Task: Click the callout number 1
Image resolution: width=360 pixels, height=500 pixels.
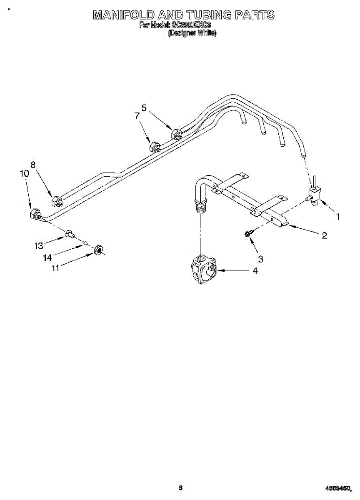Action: tap(338, 217)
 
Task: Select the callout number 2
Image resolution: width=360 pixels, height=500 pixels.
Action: tap(324, 235)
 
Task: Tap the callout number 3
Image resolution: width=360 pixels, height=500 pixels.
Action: tap(260, 259)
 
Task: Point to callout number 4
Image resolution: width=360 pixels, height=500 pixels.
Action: tap(255, 270)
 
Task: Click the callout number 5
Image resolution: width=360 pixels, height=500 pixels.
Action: tap(144, 108)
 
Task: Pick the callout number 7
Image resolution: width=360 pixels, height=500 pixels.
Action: tap(137, 116)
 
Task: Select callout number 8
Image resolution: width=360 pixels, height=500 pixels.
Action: tap(33, 165)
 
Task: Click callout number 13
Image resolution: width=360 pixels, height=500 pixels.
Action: tap(39, 246)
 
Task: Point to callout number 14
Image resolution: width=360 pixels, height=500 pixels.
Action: tap(47, 257)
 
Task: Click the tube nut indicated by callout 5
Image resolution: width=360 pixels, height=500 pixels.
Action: tap(176, 134)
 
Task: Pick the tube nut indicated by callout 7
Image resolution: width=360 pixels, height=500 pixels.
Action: tap(154, 147)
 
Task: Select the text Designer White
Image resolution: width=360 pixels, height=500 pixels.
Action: tap(192, 33)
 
